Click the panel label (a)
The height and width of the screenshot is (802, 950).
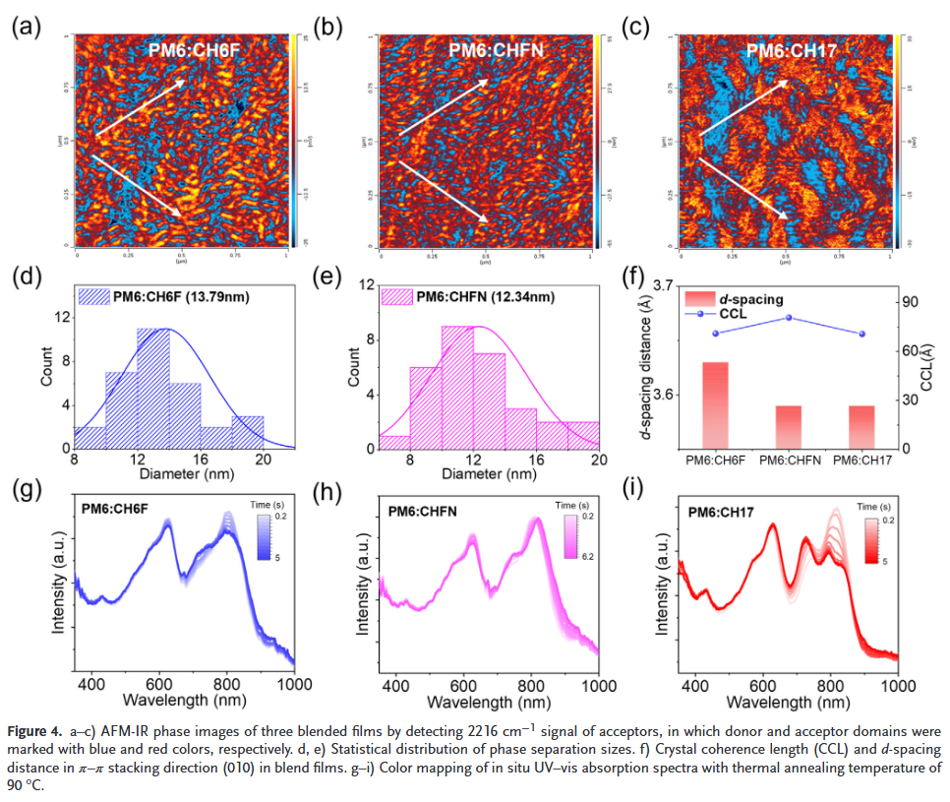point(26,27)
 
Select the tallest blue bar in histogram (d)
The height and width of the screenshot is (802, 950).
point(153,388)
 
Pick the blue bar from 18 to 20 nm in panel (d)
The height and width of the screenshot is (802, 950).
point(248,432)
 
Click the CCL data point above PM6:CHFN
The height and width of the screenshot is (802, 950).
point(789,318)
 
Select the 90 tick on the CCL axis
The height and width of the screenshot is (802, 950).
point(912,302)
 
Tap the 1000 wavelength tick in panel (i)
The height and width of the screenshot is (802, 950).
point(895,685)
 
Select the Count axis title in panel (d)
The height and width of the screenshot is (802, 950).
point(45,366)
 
